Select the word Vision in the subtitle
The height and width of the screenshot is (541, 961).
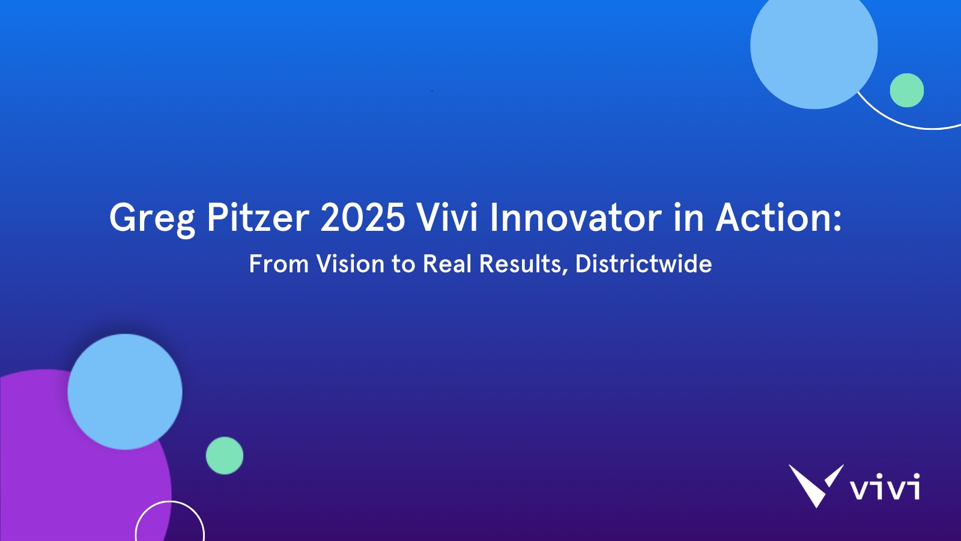(x=350, y=263)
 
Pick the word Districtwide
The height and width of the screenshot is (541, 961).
(x=643, y=263)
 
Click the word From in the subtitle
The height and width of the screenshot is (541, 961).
(x=279, y=263)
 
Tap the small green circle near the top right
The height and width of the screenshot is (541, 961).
(x=906, y=90)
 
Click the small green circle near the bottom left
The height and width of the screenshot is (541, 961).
(x=225, y=456)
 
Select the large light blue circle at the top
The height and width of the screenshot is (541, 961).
(x=814, y=46)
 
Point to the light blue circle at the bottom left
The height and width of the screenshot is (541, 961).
(x=125, y=391)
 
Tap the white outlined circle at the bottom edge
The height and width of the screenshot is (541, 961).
(x=170, y=501)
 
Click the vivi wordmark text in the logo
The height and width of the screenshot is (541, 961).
(x=885, y=486)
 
